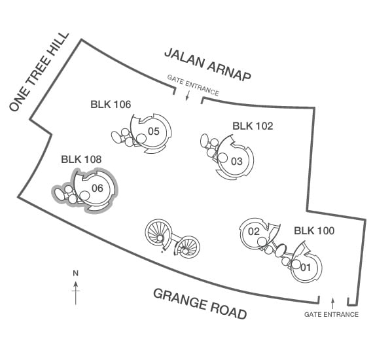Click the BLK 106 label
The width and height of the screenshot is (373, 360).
pos(111,105)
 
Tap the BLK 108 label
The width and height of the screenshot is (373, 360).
pos(81,159)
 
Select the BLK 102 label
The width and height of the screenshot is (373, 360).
pos(253,126)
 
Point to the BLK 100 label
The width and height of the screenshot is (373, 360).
pos(314,230)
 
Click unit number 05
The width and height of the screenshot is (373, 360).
pos(154,132)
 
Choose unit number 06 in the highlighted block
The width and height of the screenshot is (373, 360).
pos(98,189)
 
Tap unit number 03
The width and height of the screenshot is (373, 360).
pos(237,161)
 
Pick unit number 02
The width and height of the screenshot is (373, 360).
pos(254,231)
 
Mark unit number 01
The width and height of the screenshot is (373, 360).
pos(306,268)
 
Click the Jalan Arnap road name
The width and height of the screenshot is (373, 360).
pos(207,65)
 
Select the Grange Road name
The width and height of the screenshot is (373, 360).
pos(200,304)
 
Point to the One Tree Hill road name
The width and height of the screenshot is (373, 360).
pos(39,72)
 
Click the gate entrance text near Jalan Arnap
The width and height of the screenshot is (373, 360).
pos(193,85)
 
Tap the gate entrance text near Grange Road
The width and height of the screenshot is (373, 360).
pos(331,315)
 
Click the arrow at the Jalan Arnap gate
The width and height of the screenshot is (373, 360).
pos(187,96)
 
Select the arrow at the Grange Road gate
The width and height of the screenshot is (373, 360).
pos(333,303)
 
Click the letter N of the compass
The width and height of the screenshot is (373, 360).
pos(76,274)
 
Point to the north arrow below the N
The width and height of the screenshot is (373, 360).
pos(76,293)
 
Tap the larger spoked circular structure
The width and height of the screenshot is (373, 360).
pos(158,234)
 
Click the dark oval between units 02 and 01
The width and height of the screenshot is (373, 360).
pos(281,250)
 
